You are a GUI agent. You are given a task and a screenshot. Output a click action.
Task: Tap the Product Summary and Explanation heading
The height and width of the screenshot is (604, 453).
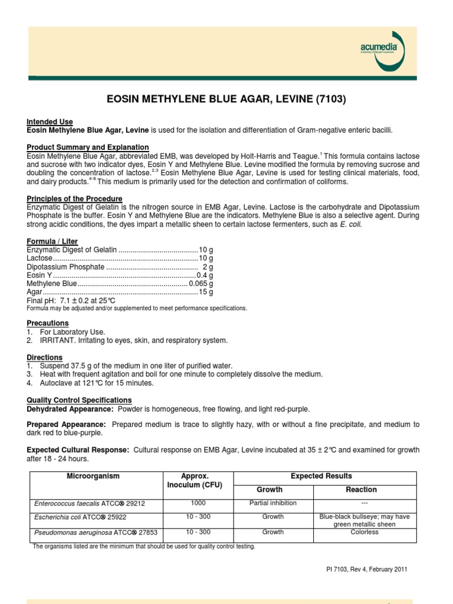point(87,147)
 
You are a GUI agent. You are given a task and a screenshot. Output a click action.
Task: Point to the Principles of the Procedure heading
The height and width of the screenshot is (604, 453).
point(74,199)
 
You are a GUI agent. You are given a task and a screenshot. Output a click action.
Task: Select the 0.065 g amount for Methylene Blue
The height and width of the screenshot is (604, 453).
point(201,283)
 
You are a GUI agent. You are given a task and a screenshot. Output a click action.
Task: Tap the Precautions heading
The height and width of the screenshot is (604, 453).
point(47,323)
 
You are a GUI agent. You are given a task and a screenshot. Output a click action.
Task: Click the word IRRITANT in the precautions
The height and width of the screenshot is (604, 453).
point(56,340)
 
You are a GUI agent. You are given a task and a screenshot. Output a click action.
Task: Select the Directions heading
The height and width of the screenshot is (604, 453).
point(44,357)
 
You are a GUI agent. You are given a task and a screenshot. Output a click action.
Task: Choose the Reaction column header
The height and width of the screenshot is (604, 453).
point(361,490)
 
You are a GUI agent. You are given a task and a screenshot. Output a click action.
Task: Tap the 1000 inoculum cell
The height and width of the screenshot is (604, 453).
point(198,503)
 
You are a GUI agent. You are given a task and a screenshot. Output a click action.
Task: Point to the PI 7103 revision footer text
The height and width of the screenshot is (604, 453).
point(366,569)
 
